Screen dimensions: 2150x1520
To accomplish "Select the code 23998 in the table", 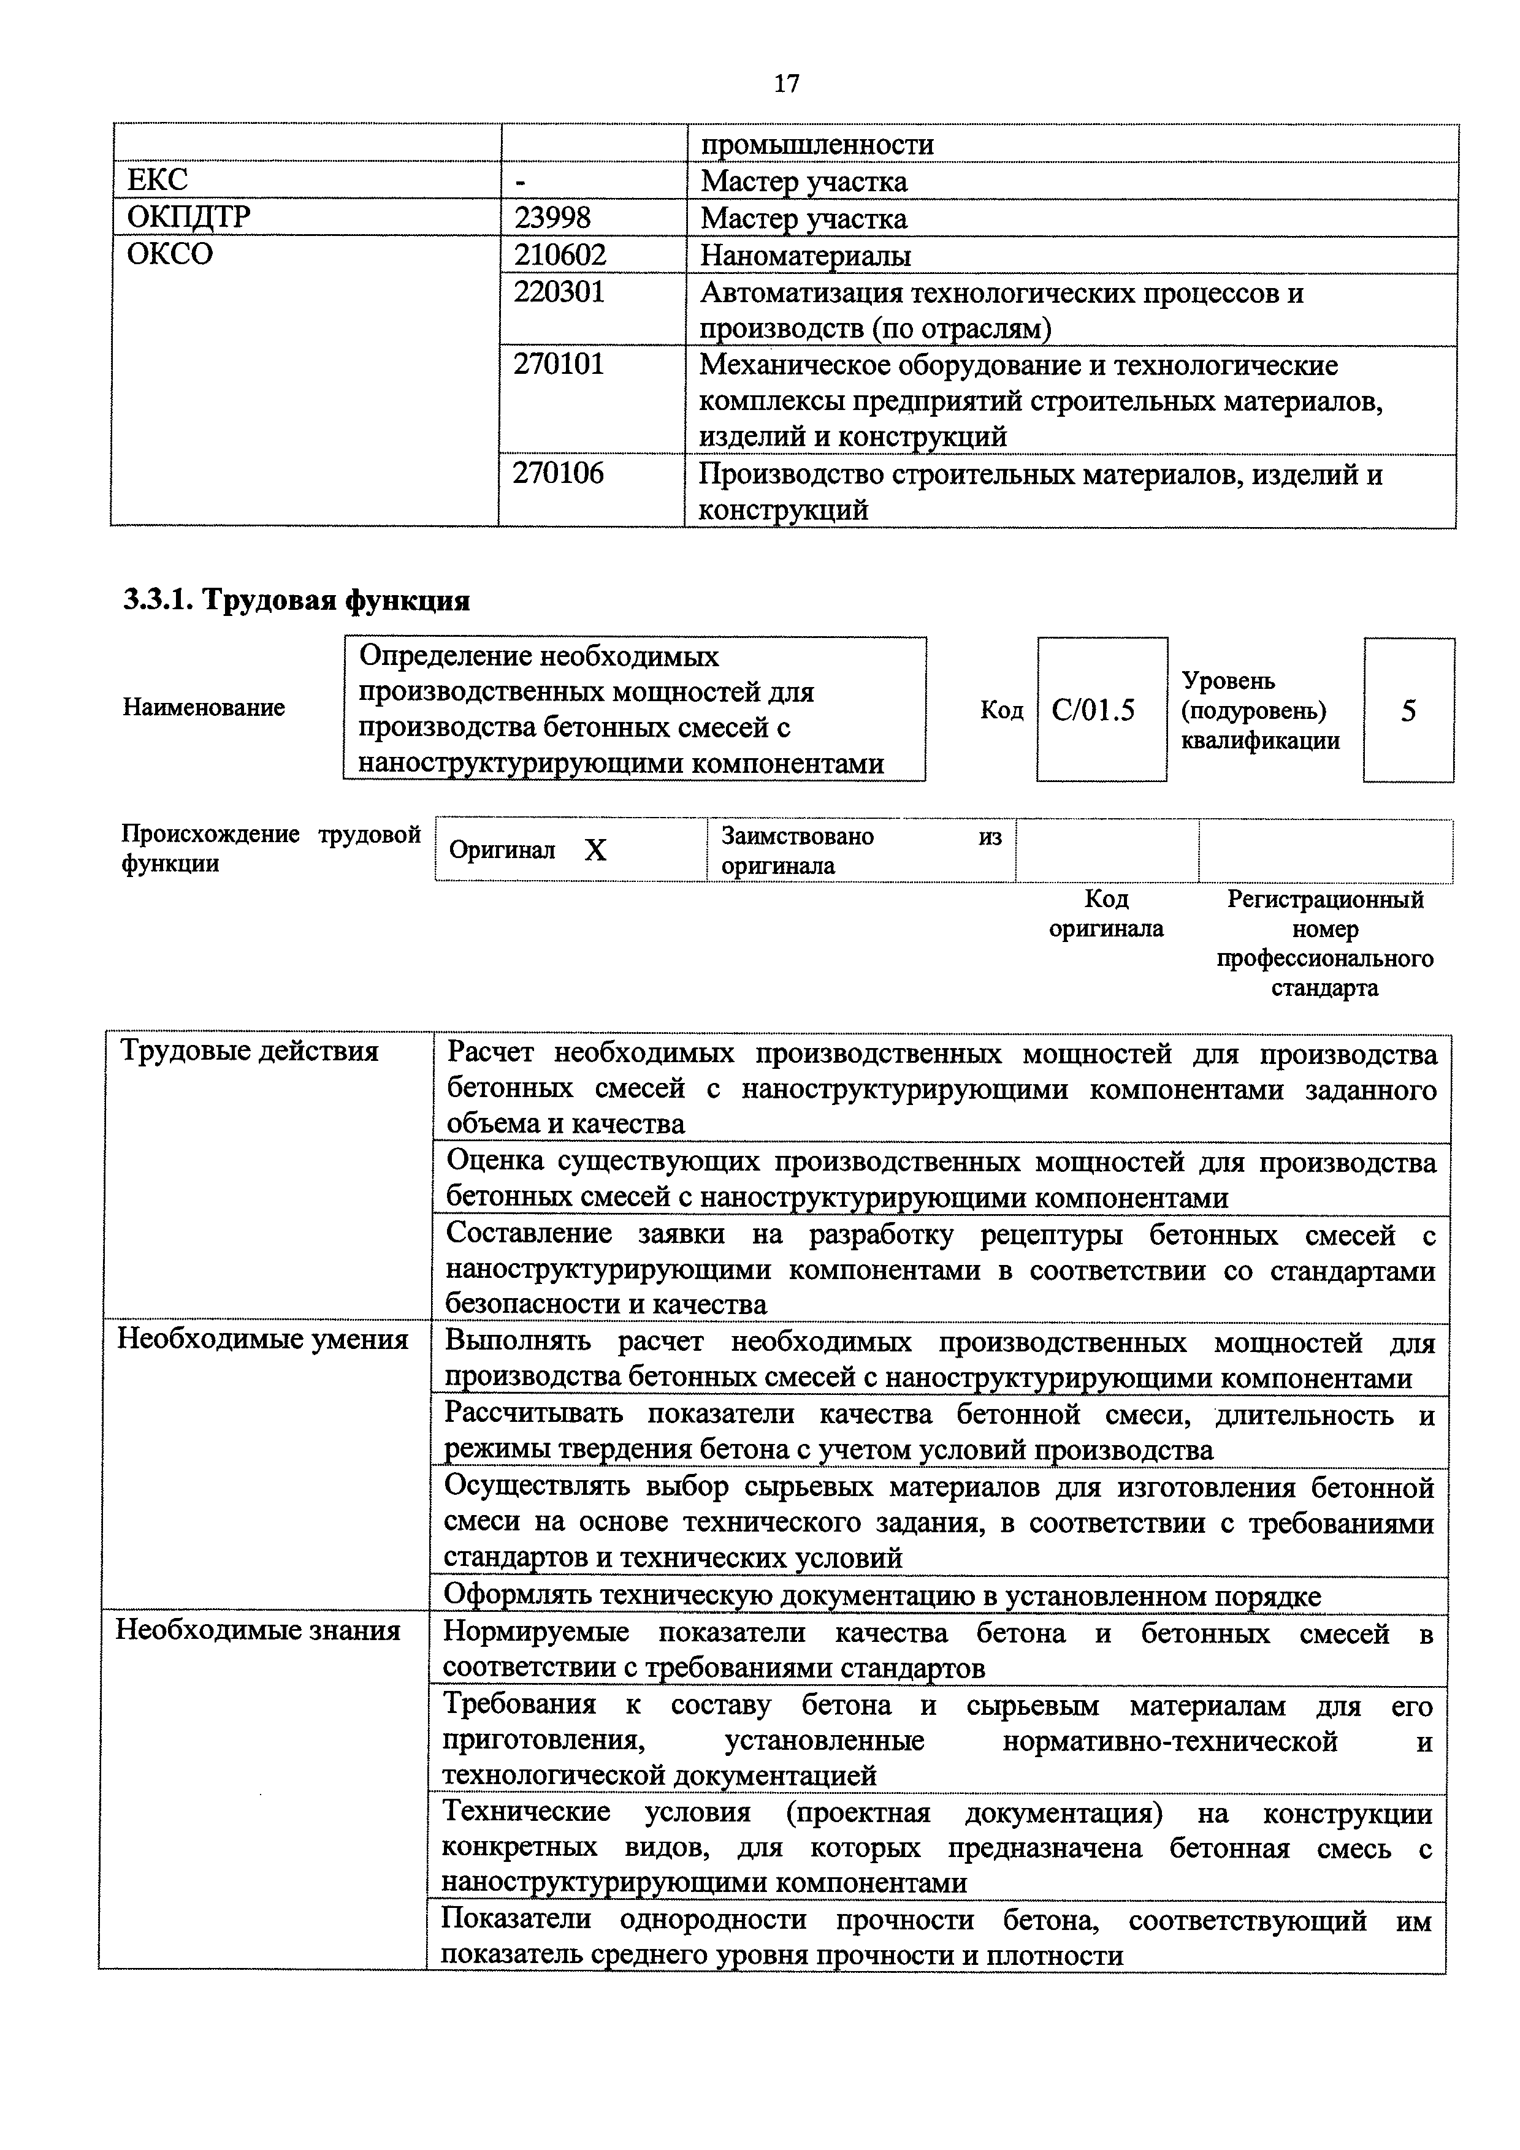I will [x=552, y=217].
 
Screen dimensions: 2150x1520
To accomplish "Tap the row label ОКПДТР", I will [x=188, y=217].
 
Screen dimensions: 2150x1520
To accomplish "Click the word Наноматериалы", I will [x=806, y=255].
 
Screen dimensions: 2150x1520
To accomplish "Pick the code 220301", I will [x=559, y=292].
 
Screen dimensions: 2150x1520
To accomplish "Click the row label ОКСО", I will [x=169, y=254].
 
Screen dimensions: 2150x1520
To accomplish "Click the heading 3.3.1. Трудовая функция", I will [x=296, y=599].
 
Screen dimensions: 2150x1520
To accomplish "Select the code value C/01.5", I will [x=1093, y=711].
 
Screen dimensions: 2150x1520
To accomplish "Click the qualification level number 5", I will [x=1408, y=711].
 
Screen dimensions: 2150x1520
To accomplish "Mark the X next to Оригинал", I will [x=595, y=850].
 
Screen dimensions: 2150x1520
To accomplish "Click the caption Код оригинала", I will [x=1106, y=914].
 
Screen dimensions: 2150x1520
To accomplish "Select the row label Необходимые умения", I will [x=262, y=1340].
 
